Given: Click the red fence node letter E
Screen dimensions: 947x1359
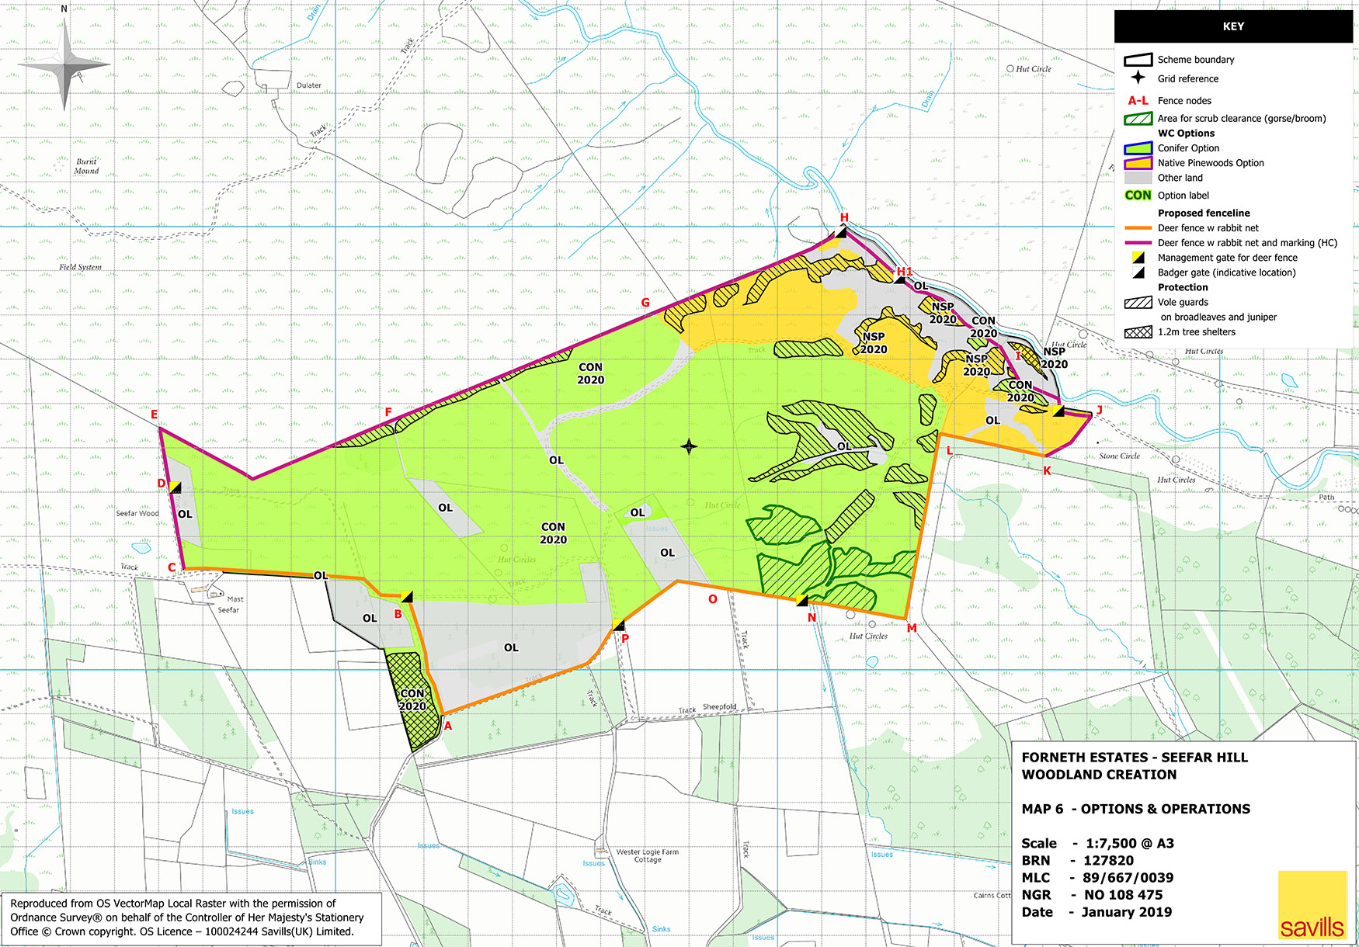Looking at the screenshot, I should pyautogui.click(x=154, y=415).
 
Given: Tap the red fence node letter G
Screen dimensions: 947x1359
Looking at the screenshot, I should pyautogui.click(x=645, y=303).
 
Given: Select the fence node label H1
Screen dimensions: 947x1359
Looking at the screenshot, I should pyautogui.click(x=905, y=272).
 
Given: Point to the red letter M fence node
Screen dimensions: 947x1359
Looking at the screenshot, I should pyautogui.click(x=912, y=628).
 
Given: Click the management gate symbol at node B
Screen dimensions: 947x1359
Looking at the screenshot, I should pyautogui.click(x=406, y=597).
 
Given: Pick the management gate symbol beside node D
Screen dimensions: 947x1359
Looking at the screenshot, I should pyautogui.click(x=176, y=487).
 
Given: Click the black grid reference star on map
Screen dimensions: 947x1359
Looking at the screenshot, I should pyautogui.click(x=689, y=446).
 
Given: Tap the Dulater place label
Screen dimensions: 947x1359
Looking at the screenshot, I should pyautogui.click(x=308, y=85).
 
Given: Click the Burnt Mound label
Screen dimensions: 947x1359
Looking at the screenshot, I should pyautogui.click(x=86, y=166).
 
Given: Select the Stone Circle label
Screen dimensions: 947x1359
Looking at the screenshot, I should pyautogui.click(x=1119, y=456).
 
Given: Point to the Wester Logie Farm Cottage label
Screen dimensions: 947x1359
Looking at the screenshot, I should pyautogui.click(x=647, y=855).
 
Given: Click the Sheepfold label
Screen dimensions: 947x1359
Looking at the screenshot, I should pyautogui.click(x=719, y=707).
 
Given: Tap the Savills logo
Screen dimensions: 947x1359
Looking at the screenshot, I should pyautogui.click(x=1312, y=906).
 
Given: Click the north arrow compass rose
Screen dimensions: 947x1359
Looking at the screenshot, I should pyautogui.click(x=65, y=66).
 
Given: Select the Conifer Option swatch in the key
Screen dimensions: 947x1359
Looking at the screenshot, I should pyautogui.click(x=1138, y=147).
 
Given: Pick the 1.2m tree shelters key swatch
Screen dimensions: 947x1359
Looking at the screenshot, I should pyautogui.click(x=1138, y=332).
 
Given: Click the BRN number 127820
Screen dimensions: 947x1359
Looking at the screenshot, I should pyautogui.click(x=1108, y=860).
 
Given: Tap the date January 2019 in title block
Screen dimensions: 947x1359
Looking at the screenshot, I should pyautogui.click(x=1126, y=912).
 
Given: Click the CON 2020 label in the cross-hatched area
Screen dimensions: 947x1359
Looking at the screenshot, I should pyautogui.click(x=412, y=699).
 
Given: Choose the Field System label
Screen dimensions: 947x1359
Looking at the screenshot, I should pyautogui.click(x=80, y=267).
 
